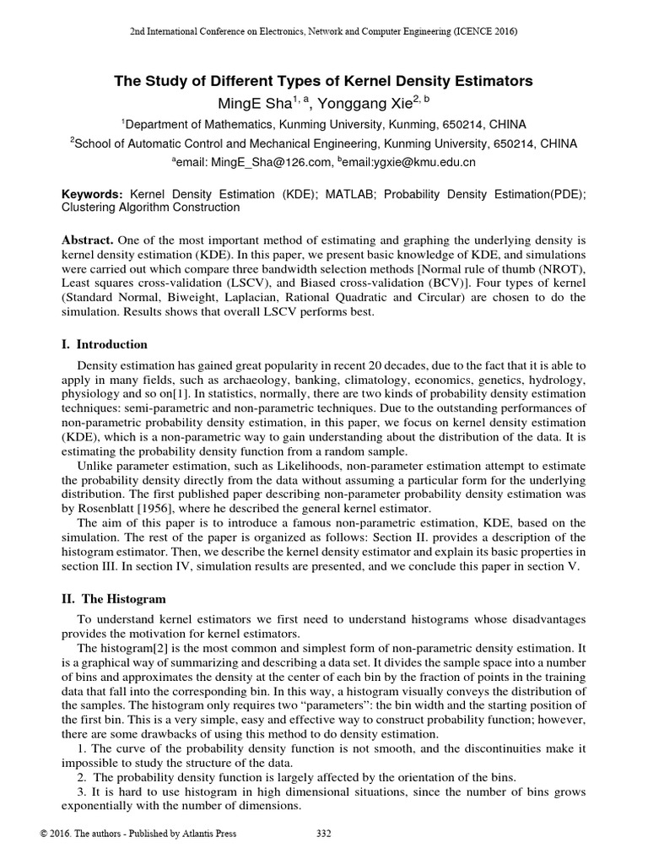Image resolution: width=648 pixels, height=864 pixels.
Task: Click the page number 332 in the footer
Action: [x=323, y=834]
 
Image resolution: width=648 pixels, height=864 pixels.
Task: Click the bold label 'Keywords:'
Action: [x=94, y=193]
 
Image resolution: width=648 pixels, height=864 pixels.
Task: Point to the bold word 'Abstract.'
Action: [x=89, y=243]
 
